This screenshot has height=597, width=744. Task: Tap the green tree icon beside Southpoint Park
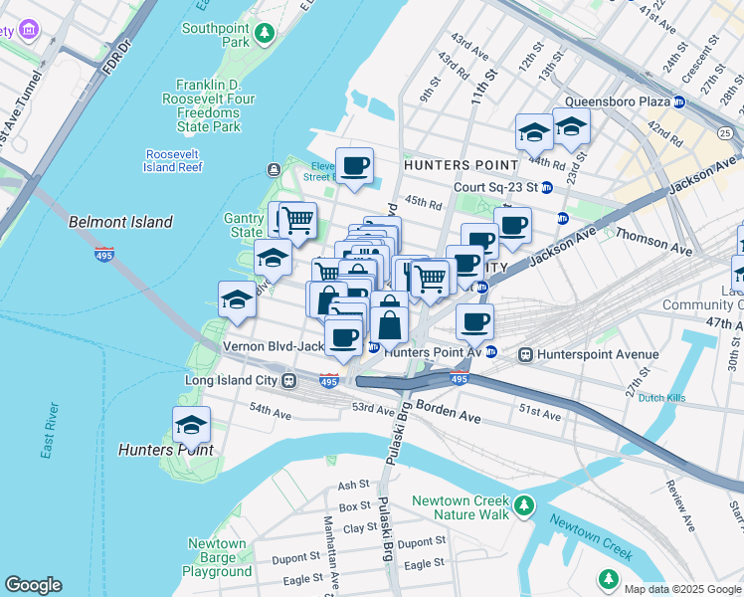(264, 36)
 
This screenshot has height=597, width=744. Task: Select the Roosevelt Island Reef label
(174, 160)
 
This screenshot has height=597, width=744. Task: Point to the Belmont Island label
(120, 222)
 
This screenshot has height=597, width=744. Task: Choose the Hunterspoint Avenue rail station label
(597, 354)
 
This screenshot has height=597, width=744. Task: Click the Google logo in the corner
(33, 585)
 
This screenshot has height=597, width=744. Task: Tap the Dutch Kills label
(664, 398)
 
